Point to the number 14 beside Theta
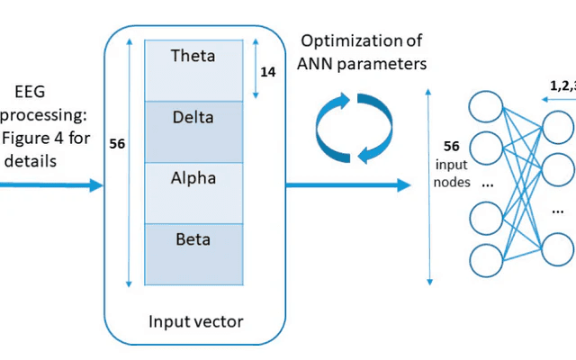(x=268, y=69)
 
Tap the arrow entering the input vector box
(x=49, y=185)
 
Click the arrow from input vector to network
(x=342, y=185)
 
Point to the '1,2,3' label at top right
(x=562, y=84)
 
